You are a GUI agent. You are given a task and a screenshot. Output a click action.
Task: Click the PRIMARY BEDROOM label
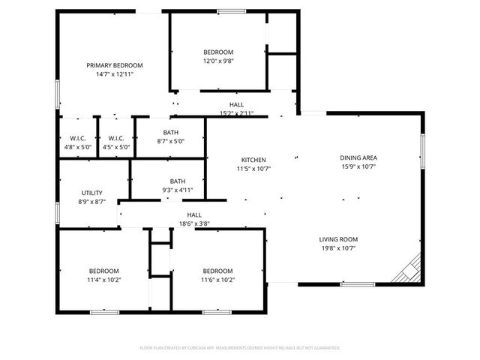pos(114,65)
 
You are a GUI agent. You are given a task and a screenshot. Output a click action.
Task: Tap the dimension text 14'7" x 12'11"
pos(114,74)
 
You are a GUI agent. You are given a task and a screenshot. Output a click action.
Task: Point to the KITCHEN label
pos(253,160)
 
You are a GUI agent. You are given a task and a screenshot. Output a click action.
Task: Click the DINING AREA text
pos(358,157)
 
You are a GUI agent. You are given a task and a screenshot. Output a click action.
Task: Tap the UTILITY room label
pos(91,193)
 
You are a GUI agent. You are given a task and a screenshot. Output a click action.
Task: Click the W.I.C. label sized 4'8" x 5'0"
pos(78,138)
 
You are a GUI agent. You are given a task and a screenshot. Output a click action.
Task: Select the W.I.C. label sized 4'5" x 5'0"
pos(115,138)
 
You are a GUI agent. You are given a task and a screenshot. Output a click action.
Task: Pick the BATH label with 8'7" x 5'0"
pos(170,132)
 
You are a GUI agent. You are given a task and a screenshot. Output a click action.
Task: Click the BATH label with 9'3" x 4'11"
pos(177,181)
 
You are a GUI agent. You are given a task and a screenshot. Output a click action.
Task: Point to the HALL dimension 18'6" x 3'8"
pos(193,223)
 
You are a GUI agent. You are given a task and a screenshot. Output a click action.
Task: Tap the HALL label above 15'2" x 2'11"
pos(236,104)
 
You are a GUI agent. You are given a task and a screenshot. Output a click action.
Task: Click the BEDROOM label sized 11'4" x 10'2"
pos(103,271)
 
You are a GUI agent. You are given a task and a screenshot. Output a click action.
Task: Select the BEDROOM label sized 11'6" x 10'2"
pos(217,271)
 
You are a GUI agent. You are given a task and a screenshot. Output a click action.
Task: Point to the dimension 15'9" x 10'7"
pos(358,166)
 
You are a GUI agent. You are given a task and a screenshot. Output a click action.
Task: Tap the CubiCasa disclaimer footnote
pos(240,348)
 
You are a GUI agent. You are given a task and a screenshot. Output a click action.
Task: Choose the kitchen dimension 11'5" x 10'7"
pos(253,169)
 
